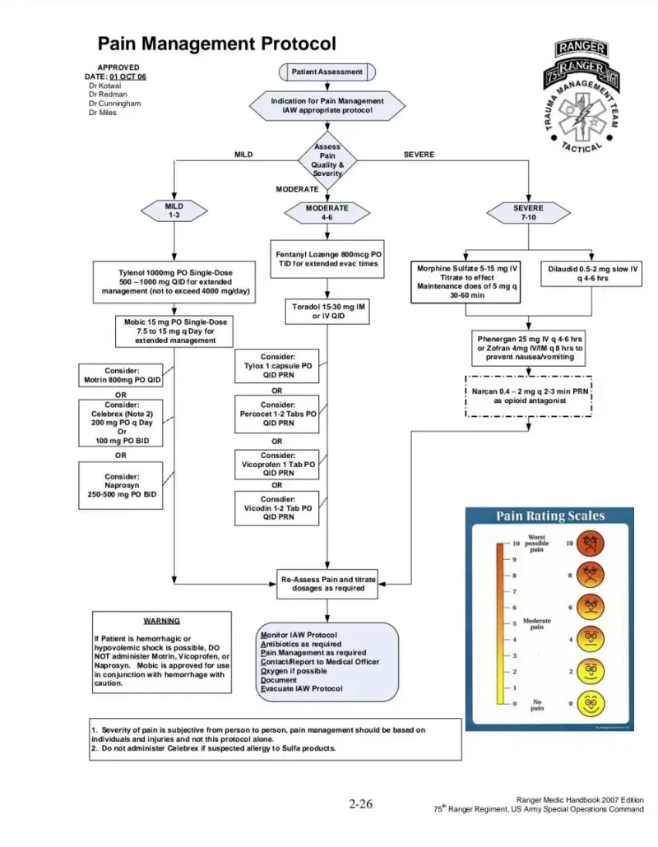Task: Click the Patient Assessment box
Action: [327, 72]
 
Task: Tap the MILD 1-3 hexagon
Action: [174, 211]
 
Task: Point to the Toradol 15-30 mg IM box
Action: [327, 311]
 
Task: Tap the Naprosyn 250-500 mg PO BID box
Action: [121, 486]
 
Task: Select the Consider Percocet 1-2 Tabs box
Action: [277, 414]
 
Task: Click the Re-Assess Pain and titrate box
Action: [328, 584]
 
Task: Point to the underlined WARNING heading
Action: [161, 621]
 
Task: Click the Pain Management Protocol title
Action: [216, 44]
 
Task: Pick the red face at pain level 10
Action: [590, 543]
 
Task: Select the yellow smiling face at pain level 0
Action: [590, 703]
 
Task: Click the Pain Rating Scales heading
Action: [549, 516]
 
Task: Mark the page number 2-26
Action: [361, 803]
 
